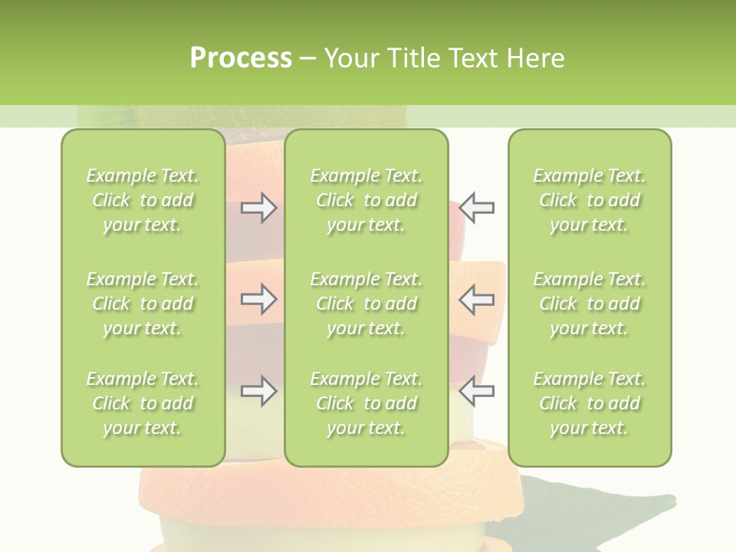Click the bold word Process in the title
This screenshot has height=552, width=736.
tap(241, 58)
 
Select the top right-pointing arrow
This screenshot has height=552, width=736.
tap(258, 208)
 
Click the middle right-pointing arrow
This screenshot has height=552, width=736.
tap(258, 299)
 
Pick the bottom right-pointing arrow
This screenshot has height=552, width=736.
tap(258, 391)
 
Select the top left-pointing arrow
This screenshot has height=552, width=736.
tap(477, 208)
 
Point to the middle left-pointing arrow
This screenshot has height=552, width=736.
tap(477, 299)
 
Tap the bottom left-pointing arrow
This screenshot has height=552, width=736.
tap(477, 391)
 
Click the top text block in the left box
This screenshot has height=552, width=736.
tap(143, 200)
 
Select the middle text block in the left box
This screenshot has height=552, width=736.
tap(143, 304)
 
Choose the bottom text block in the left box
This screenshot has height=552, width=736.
tap(143, 403)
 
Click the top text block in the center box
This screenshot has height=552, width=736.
tap(366, 200)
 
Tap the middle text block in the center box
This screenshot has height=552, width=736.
tap(366, 304)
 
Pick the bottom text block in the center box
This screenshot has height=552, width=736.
tap(366, 403)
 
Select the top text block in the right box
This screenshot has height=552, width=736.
tap(590, 200)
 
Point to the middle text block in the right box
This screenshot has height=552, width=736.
tap(590, 304)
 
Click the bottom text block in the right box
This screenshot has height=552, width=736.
tap(590, 403)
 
